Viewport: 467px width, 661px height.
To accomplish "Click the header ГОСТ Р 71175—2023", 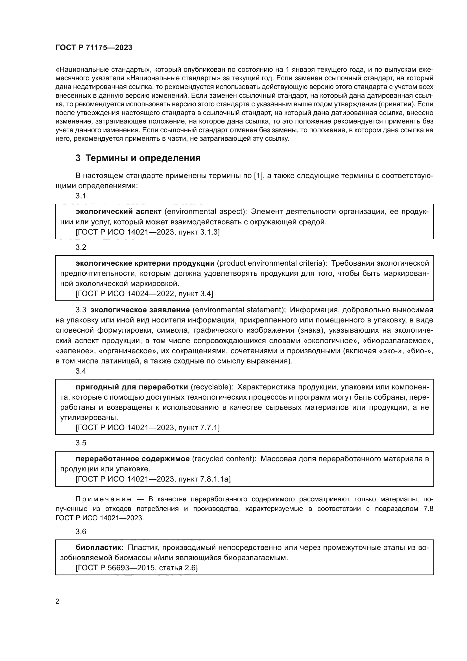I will point(94,48).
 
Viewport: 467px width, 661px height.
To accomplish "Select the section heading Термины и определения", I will point(138,158).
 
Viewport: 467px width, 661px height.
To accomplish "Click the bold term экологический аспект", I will point(119,212).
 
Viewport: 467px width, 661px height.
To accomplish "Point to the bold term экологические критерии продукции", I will point(145,263).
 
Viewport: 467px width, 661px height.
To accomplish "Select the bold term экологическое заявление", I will point(140,310).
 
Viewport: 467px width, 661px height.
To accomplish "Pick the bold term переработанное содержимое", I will point(133,459).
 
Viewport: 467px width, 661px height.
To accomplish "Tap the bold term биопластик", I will point(99,547).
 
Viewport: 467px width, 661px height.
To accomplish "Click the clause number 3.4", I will point(81,371).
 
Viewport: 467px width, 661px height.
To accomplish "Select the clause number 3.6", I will point(81,532).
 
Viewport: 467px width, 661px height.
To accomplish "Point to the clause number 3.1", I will point(81,196).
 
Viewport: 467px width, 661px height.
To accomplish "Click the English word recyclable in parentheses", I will point(212,387).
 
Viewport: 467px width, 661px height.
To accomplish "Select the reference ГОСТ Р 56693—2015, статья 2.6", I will point(137,568).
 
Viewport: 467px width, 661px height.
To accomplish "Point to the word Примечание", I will point(103,499).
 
